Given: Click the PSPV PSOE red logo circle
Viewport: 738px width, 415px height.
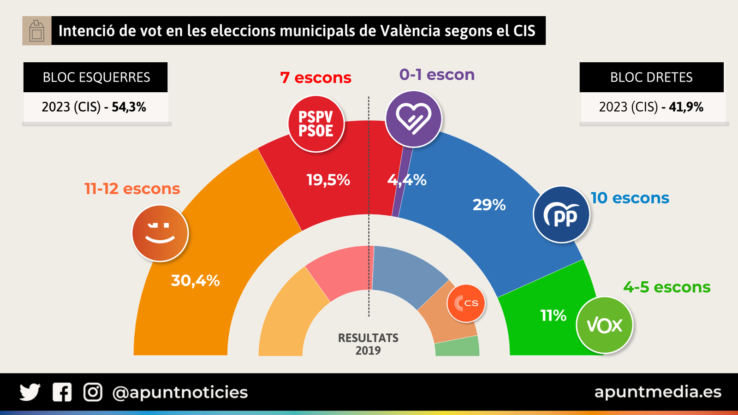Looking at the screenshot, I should pos(316,124).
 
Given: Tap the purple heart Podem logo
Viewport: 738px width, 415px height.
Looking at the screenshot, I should pos(413,119).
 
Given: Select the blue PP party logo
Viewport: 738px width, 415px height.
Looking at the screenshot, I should pos(561,214).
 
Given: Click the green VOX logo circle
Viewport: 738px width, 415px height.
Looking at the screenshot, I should pos(604,325).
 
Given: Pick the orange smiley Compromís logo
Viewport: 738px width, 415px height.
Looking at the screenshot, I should pos(160,233).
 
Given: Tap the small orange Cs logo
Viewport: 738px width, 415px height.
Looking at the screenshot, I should pos(466,303).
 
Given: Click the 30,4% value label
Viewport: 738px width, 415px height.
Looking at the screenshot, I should pos(195,280).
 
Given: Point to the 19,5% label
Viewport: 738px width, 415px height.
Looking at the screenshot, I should pos(328,180).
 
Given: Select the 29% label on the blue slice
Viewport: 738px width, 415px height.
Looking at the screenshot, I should pos(489,205).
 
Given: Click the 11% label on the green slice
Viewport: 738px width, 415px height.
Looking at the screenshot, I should pos(553,316).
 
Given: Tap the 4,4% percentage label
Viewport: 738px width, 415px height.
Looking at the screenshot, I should pos(407,180).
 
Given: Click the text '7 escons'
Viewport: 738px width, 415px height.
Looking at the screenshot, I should pos(315,77).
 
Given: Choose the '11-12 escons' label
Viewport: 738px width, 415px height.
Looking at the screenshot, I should pos(132,189).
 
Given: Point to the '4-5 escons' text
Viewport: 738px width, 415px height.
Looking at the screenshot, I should pos(667,287).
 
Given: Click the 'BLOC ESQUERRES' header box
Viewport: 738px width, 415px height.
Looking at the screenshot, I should pos(95,77).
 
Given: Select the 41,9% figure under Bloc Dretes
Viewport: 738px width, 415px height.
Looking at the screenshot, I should pos(686,107).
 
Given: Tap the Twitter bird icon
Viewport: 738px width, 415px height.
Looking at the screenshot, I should pos(30,392).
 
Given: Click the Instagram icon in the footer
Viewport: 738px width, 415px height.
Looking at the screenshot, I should pos(93,392).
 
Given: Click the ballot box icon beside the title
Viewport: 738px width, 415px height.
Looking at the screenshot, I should pos(37,31).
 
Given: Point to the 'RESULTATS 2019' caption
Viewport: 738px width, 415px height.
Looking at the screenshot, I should pos(368,344).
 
